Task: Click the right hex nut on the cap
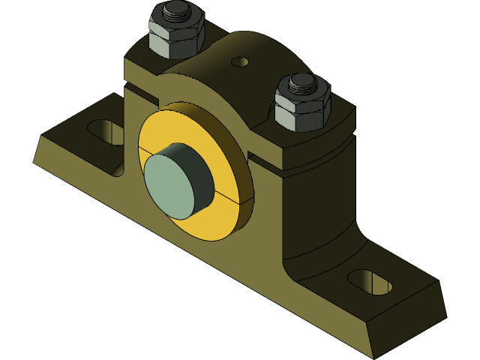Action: point(302,112)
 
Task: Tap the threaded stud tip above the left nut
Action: point(177,11)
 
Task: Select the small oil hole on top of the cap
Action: point(240,61)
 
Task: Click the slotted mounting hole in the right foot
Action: point(370,281)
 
